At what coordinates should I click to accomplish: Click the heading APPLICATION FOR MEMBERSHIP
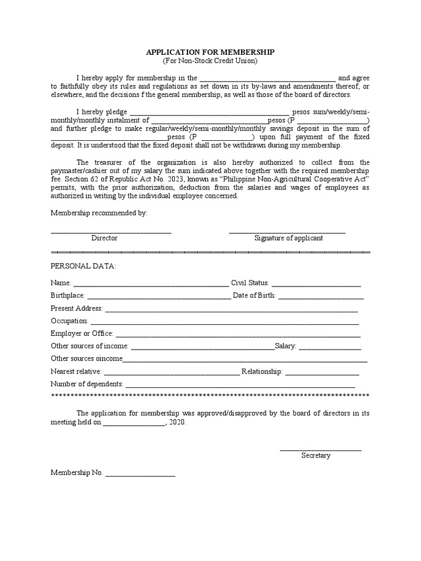coord(210,51)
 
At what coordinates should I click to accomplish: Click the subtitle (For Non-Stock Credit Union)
coord(210,60)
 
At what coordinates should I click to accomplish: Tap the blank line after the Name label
coord(151,284)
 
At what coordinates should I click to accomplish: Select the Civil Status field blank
coord(316,284)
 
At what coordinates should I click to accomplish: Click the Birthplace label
coord(67,296)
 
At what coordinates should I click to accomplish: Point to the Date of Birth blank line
coord(321,297)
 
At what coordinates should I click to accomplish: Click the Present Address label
coord(76,308)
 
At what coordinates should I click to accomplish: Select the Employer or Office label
coord(82,334)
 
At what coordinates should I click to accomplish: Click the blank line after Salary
coord(330,347)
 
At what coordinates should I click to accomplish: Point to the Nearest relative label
coord(76,371)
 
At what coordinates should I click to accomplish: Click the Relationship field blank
coord(322,373)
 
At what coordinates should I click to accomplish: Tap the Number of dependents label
coord(87,384)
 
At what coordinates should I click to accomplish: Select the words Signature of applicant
coord(288,238)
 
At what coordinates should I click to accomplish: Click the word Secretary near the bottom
coord(316,455)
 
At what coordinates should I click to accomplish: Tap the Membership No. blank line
coord(140,474)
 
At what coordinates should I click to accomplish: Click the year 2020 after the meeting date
coord(178,422)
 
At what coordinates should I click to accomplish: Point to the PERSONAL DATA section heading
coord(83,266)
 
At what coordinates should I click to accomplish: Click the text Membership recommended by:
coord(99,213)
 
